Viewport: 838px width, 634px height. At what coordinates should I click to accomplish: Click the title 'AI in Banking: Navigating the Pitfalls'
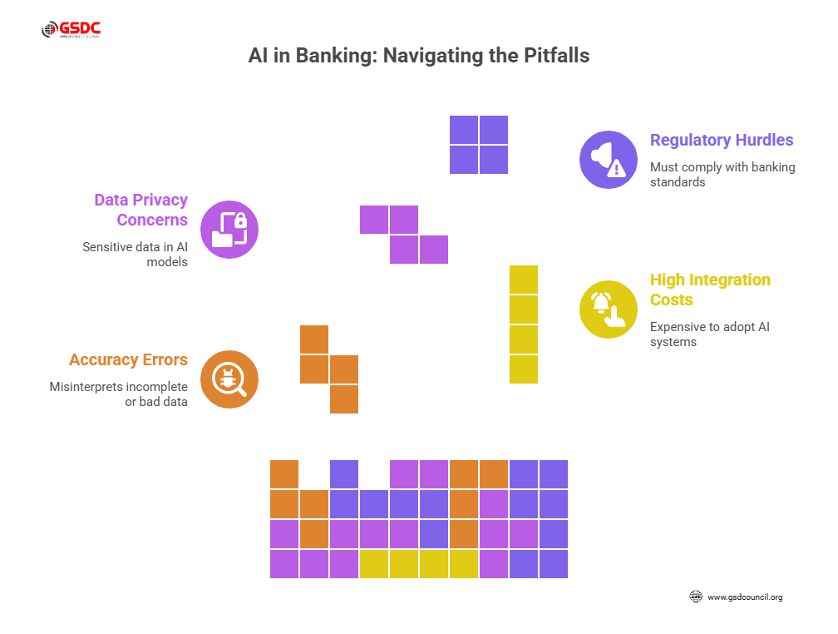(x=419, y=57)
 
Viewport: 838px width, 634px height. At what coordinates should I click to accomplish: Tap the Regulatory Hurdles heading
(x=722, y=140)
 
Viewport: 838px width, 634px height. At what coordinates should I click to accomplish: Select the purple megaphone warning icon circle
(x=608, y=160)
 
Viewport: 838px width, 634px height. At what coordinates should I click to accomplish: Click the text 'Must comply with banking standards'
(x=722, y=174)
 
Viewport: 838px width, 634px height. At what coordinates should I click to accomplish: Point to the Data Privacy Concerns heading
(x=140, y=210)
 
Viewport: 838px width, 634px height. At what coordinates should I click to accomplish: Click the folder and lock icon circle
(x=229, y=230)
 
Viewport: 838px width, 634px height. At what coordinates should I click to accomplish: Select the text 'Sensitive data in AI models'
(x=135, y=254)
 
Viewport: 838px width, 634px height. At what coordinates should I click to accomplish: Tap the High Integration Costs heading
(x=710, y=290)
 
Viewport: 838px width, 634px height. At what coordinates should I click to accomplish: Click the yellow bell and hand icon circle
(x=608, y=310)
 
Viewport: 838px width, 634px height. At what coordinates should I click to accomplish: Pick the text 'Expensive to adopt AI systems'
(x=710, y=334)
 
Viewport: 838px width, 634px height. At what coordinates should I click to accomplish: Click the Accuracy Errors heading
(x=128, y=359)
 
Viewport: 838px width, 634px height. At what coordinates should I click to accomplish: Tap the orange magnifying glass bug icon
(x=229, y=379)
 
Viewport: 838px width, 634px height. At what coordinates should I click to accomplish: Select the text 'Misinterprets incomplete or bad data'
(x=118, y=394)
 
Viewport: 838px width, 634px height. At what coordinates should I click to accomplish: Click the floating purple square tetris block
(x=479, y=145)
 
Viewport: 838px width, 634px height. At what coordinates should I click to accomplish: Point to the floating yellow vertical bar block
(x=524, y=324)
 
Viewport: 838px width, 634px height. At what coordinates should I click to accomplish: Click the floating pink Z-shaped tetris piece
(x=404, y=235)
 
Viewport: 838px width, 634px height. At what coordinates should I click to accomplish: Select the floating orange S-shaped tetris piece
(x=329, y=369)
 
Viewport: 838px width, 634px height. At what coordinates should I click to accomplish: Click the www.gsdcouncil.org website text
(x=744, y=597)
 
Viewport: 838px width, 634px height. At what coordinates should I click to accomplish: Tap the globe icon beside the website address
(x=696, y=597)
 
